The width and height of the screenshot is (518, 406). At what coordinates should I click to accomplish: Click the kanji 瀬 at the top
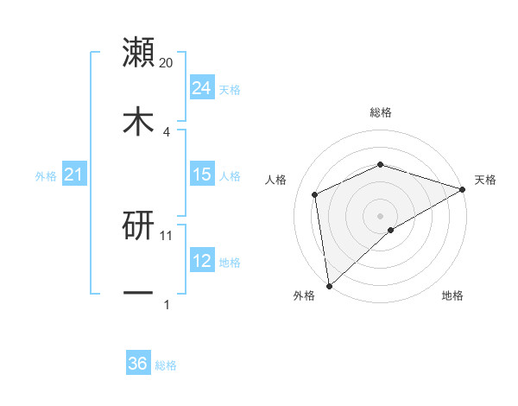(x=138, y=53)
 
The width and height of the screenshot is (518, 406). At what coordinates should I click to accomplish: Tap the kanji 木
(x=138, y=121)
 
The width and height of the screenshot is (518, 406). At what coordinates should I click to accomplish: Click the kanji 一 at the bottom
(x=138, y=294)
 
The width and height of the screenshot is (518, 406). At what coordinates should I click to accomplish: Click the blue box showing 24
(x=201, y=88)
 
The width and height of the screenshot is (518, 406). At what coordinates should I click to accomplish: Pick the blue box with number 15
(x=201, y=174)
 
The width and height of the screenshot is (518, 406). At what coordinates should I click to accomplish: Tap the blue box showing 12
(x=201, y=261)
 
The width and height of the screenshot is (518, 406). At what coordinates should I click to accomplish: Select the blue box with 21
(x=73, y=175)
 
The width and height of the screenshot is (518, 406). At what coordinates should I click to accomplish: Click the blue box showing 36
(x=138, y=364)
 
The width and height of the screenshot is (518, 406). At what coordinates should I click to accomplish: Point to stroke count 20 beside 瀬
(x=167, y=62)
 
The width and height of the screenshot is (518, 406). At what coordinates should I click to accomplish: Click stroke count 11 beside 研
(x=167, y=235)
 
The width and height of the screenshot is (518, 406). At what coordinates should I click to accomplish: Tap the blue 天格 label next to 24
(x=230, y=89)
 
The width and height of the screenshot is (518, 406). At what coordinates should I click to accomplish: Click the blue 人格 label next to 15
(x=230, y=175)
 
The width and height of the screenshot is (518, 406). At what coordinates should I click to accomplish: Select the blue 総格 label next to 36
(x=166, y=365)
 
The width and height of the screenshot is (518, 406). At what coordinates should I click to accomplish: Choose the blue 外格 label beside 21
(x=46, y=176)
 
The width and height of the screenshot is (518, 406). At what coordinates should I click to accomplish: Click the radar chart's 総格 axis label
(x=380, y=112)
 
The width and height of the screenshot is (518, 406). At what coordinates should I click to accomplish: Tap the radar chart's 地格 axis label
(x=452, y=296)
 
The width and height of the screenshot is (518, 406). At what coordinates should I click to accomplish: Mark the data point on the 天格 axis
(x=463, y=189)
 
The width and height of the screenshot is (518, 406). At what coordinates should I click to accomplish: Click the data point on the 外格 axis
(x=329, y=285)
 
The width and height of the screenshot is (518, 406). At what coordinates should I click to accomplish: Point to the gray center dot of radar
(x=380, y=215)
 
